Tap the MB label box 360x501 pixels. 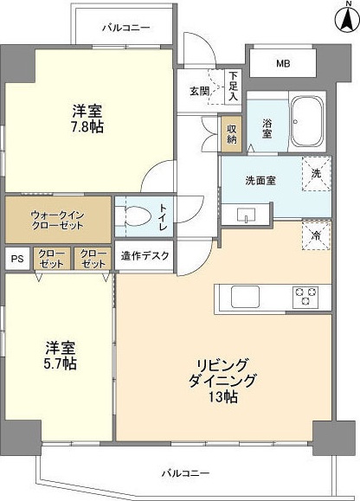coord(283,63)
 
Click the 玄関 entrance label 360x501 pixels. coord(199,91)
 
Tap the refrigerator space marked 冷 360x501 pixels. coord(316,234)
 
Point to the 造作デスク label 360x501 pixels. coord(146,255)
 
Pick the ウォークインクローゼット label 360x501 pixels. coord(57,220)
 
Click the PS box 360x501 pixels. coord(16,258)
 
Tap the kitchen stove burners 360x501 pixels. coord(306,296)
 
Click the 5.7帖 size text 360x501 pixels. coord(61,363)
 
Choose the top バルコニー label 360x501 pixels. coord(125,28)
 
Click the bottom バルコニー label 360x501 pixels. coord(185,473)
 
